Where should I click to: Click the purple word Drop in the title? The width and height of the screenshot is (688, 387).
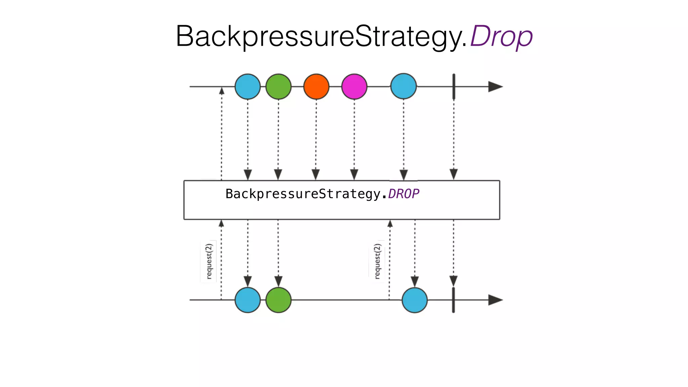point(501,36)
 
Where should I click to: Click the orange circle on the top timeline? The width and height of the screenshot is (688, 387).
point(316,87)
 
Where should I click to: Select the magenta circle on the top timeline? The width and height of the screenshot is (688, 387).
point(354,87)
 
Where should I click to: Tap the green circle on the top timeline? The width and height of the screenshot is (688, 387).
point(278,87)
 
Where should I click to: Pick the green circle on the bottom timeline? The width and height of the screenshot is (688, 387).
point(278,300)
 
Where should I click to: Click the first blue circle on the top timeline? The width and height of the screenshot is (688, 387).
point(248,87)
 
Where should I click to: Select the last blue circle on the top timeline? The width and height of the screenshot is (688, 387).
point(403,86)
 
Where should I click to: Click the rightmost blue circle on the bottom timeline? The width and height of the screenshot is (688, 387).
point(415,300)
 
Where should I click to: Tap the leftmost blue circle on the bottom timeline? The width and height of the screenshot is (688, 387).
point(248,300)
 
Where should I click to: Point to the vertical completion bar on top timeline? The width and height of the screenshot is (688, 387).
point(454,87)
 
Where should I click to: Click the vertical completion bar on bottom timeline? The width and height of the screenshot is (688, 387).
point(454,300)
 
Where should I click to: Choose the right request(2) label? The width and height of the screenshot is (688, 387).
point(377,261)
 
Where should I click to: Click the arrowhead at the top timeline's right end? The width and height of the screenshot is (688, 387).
point(495,87)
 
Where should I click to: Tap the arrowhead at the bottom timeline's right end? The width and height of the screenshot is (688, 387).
point(495,300)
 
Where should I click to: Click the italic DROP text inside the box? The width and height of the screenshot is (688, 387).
point(403,194)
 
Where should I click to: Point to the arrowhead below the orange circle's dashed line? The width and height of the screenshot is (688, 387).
point(316,174)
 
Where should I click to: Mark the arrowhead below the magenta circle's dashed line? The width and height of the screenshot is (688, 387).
point(354,174)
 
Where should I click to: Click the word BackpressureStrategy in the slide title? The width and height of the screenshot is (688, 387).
point(321,36)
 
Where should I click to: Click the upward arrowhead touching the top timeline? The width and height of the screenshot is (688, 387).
point(222,91)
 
